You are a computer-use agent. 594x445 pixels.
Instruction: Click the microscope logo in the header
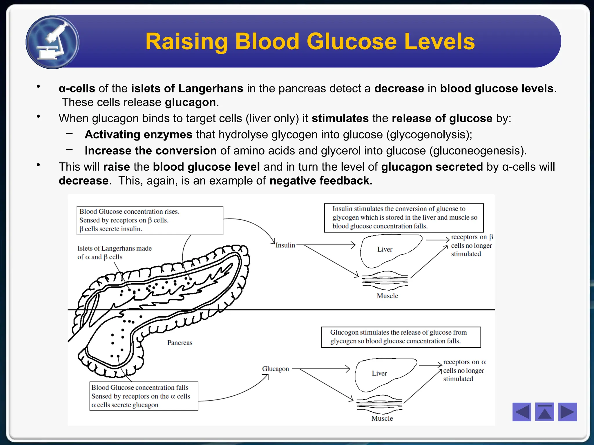click(52, 42)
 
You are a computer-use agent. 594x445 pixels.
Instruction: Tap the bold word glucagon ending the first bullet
click(190, 102)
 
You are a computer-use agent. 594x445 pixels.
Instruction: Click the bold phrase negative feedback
click(321, 181)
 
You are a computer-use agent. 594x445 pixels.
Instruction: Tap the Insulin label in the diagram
click(285, 245)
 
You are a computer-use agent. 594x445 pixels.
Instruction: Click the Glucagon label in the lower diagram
click(276, 369)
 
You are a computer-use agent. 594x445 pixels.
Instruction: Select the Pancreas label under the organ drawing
click(180, 343)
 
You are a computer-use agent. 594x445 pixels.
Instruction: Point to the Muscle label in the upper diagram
click(387, 296)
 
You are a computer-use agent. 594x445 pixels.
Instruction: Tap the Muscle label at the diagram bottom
click(382, 418)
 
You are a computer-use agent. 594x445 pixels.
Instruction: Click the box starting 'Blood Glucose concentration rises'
click(150, 220)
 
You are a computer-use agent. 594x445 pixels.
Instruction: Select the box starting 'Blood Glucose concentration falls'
click(144, 396)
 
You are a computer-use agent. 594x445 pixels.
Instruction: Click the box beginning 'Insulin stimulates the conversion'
click(404, 218)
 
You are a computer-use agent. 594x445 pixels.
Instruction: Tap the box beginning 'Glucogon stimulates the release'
click(401, 337)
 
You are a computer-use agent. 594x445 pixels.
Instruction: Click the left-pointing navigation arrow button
click(521, 412)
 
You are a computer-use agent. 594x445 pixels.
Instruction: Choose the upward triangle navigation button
click(544, 412)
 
